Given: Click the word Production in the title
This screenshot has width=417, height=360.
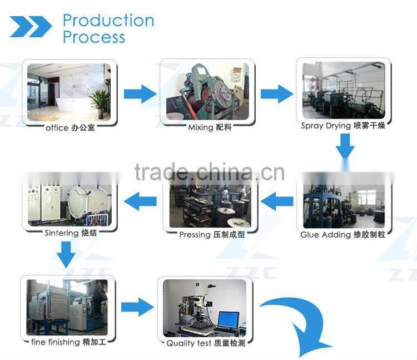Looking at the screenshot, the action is pos(108,21).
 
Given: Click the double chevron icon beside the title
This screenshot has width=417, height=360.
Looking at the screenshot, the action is pos(31,27).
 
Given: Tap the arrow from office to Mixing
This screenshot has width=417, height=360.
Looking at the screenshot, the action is pos(140,94).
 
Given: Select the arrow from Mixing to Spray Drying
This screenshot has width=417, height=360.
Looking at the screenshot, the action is pos(277,94).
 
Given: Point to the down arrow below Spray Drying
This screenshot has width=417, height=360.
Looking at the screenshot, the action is pos(345,146).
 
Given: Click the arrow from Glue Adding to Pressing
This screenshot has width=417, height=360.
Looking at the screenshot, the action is pos(277,201).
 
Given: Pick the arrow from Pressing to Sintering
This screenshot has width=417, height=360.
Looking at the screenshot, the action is pos(140,201).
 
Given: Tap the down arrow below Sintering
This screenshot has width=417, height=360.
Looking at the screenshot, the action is pos(66,255).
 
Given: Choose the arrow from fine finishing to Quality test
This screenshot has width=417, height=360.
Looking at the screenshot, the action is pos(137,307).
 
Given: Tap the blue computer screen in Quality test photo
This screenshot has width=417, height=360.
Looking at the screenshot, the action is pos(228,319).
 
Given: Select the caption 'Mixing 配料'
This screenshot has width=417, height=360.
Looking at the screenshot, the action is pos(210,127).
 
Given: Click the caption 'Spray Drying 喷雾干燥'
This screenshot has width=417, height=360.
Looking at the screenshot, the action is pos(343,126).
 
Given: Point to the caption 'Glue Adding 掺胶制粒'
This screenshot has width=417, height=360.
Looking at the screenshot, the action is pos(343,235).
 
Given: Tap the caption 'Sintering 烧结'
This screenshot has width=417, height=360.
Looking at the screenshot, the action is pos(71,233).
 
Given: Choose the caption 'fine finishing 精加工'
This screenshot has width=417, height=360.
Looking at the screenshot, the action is pos(68,342).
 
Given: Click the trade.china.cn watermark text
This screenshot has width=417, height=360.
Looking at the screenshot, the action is pos(210,172).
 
